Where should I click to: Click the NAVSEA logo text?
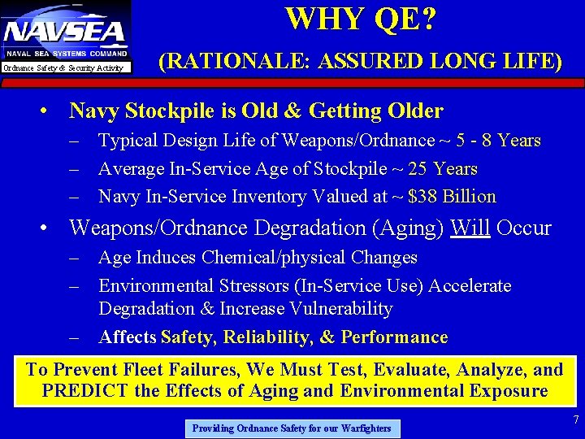point(65,32)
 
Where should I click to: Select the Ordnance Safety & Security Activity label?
point(63,68)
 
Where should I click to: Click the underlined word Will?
point(470,228)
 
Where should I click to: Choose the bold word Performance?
point(394,337)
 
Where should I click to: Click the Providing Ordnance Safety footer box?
point(292,428)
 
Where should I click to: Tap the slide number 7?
point(575,420)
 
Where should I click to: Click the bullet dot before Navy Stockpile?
point(50,111)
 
